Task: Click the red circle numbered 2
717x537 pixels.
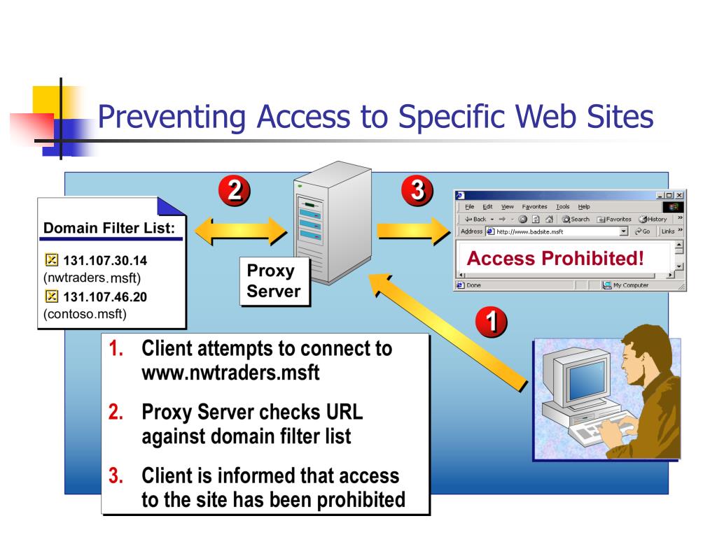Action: coord(235,191)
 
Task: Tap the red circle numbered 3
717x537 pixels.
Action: coord(417,190)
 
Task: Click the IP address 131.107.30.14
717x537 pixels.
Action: coord(105,261)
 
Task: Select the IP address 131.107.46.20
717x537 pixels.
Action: coord(105,297)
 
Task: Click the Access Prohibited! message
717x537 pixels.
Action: coord(555,259)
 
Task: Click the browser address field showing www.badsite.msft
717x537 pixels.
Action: coord(554,231)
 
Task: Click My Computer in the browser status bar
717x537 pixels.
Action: coord(626,285)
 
